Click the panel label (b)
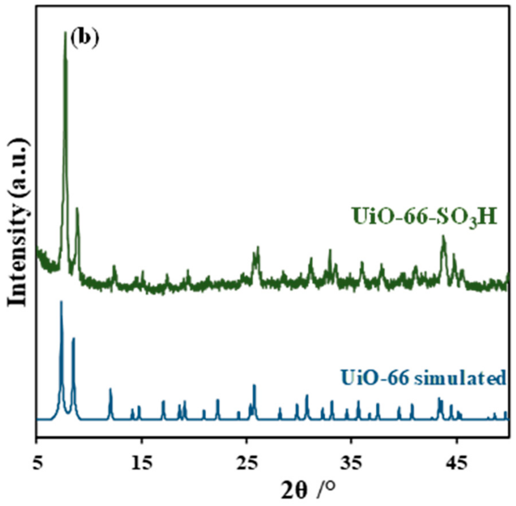tap(84, 39)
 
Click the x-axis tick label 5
tap(37, 463)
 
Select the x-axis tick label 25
tap(246, 463)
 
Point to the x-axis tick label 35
tap(351, 463)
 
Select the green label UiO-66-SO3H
tap(425, 217)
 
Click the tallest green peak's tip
tap(65, 33)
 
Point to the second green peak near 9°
tap(77, 209)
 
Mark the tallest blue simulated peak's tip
tap(61, 302)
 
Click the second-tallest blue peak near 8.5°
tap(73, 339)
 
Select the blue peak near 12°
tap(110, 389)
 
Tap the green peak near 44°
tap(443, 236)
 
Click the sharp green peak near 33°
tap(330, 250)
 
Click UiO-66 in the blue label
tap(375, 378)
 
